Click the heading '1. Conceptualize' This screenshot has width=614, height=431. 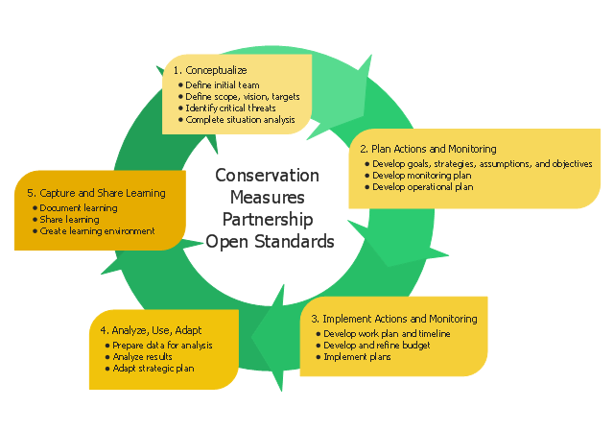click(x=211, y=70)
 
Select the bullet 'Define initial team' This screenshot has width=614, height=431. click(x=222, y=85)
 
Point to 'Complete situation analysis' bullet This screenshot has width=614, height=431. click(x=240, y=120)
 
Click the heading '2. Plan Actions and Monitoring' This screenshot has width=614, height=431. click(x=428, y=149)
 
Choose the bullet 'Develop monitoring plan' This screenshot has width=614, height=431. click(x=421, y=176)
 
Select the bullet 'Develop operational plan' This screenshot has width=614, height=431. click(x=423, y=187)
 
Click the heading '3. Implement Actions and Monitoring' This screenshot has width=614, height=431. click(x=393, y=319)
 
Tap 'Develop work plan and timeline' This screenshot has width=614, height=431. click(x=387, y=333)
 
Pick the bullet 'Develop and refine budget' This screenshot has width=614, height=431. click(x=378, y=345)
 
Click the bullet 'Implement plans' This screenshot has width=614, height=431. click(x=358, y=356)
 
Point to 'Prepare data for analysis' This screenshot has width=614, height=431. click(x=162, y=345)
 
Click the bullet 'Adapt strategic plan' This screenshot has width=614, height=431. click(x=153, y=368)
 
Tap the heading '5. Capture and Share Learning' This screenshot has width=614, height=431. click(x=96, y=193)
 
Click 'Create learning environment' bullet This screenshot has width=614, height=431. click(x=97, y=230)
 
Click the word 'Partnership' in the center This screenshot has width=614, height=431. click(x=268, y=219)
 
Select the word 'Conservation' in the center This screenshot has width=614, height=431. click(x=268, y=176)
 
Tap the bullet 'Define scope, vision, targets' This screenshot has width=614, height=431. click(x=243, y=97)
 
